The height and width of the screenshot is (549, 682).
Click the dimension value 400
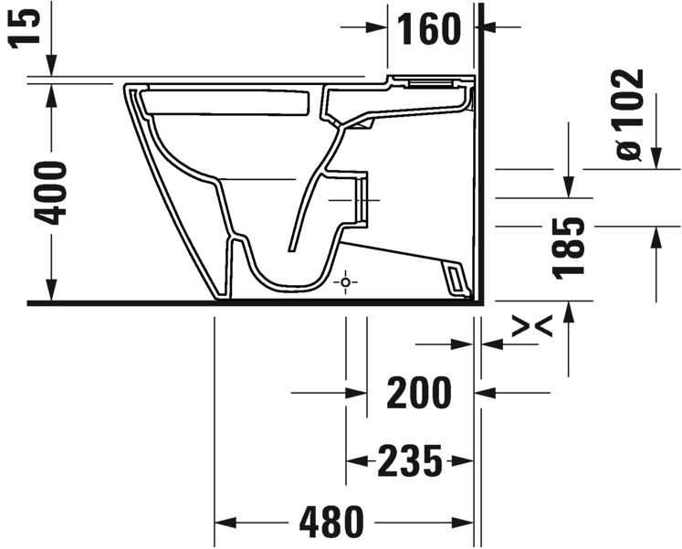(x=52, y=192)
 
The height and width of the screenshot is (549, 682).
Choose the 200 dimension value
(x=419, y=393)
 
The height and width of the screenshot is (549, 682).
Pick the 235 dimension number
(x=410, y=461)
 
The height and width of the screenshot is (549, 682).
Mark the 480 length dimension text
(x=332, y=523)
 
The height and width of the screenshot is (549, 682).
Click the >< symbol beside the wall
(x=529, y=326)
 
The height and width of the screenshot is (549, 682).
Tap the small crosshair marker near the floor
(x=345, y=282)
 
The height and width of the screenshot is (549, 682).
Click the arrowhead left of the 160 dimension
(x=377, y=28)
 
